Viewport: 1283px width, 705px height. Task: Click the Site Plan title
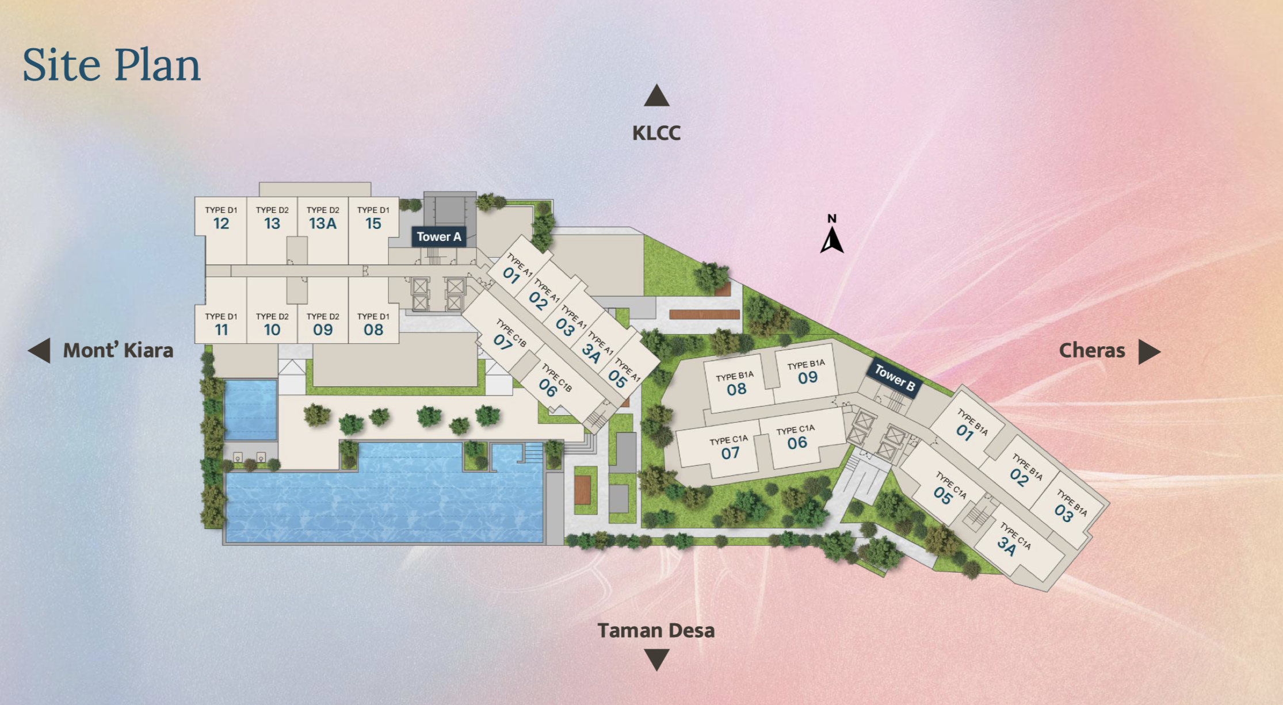[x=112, y=64]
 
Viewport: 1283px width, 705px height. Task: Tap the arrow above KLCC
[x=656, y=96]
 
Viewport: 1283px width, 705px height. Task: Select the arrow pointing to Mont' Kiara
[x=40, y=350]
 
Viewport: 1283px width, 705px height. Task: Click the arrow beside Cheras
[x=1149, y=351]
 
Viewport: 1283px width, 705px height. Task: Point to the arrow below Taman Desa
[x=656, y=659]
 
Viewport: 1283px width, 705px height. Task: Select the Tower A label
[x=438, y=236]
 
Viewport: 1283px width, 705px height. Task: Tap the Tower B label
[x=894, y=378]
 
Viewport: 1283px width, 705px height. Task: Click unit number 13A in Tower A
[x=323, y=223]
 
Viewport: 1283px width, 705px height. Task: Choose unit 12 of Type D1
[x=221, y=223]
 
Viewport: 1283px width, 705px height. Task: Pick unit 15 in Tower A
[x=373, y=223]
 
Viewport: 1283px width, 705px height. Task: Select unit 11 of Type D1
[x=221, y=329]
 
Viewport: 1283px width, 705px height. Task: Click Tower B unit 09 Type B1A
[x=807, y=377]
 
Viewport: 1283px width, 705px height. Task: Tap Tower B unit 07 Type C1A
[x=730, y=453]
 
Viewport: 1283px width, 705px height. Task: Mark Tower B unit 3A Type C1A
[x=1007, y=546]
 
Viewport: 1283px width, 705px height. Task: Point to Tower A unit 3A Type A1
[x=591, y=352]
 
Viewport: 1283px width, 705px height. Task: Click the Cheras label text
[x=1091, y=350]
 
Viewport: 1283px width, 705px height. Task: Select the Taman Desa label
[x=656, y=630]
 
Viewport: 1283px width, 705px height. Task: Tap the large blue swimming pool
[x=384, y=500]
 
